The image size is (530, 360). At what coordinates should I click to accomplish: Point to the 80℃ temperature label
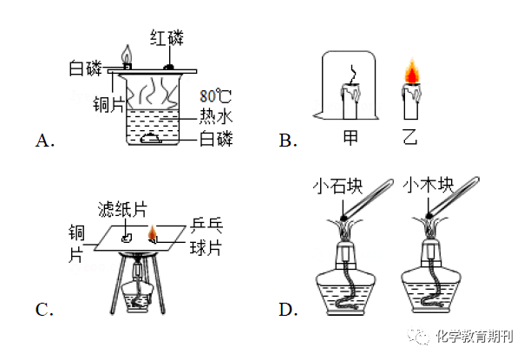tap(214, 95)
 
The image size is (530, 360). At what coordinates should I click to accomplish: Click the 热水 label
tap(215, 116)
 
